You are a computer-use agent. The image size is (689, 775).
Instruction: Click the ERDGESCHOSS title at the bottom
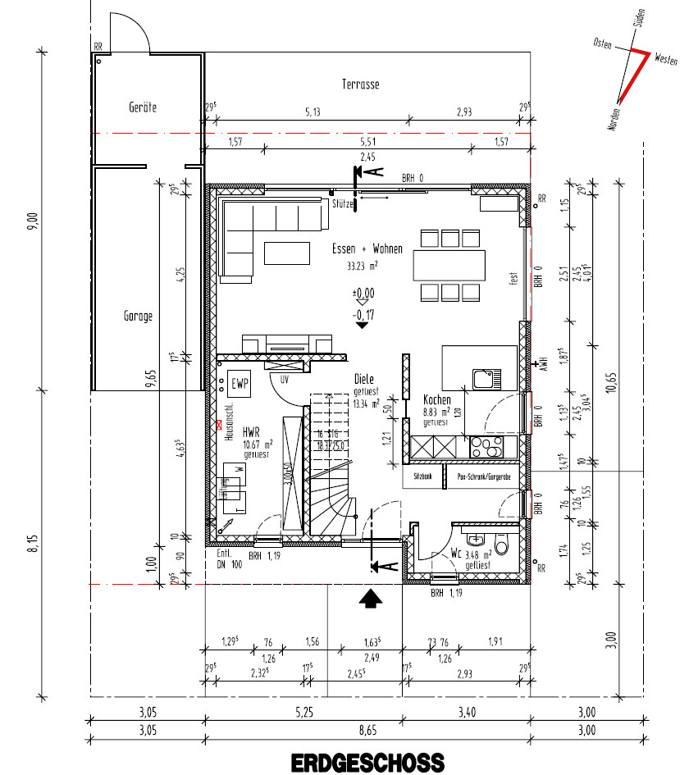(x=367, y=762)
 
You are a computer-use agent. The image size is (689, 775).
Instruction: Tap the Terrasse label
(x=360, y=84)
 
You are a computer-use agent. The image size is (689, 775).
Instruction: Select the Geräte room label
(x=142, y=107)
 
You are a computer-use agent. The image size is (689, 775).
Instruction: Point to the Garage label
(x=138, y=315)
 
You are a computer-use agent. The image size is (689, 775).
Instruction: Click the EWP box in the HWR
(x=240, y=383)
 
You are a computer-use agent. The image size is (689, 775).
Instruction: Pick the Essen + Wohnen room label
(x=367, y=248)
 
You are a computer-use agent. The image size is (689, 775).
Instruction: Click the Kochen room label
(x=436, y=400)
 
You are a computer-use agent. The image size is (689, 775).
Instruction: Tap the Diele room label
(x=364, y=380)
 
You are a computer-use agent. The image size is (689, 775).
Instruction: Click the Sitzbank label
(x=422, y=475)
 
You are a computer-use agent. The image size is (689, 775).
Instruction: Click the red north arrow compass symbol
(x=629, y=74)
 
